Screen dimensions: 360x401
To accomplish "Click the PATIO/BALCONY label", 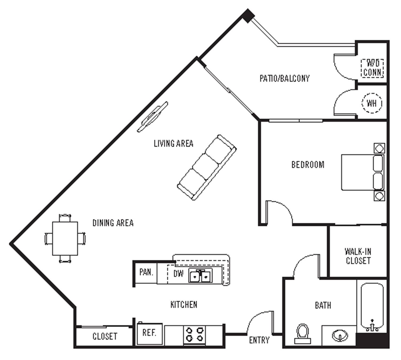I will click(x=284, y=78).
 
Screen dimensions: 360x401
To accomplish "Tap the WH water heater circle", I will click(x=372, y=103).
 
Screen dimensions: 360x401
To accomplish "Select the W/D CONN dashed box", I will click(x=372, y=68).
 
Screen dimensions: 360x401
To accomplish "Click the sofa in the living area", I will click(x=207, y=168).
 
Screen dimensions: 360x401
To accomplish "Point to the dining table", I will click(x=65, y=238).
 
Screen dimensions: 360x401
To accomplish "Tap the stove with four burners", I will click(x=194, y=334).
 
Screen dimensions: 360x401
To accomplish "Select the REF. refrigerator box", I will click(x=149, y=334).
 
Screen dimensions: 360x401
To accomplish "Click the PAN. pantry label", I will click(x=146, y=272).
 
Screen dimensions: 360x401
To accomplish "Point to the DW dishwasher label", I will click(x=178, y=273).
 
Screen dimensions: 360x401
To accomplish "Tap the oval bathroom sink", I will click(x=340, y=335).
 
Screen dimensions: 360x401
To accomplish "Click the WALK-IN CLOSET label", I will click(x=358, y=256).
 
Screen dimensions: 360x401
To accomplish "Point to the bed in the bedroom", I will click(x=362, y=172).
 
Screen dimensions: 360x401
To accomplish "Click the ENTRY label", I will click(x=259, y=340).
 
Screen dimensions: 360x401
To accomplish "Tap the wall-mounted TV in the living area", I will click(x=153, y=117).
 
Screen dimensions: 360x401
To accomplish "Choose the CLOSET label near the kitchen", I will click(x=105, y=336).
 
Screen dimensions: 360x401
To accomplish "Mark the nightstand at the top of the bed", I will click(x=379, y=148).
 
